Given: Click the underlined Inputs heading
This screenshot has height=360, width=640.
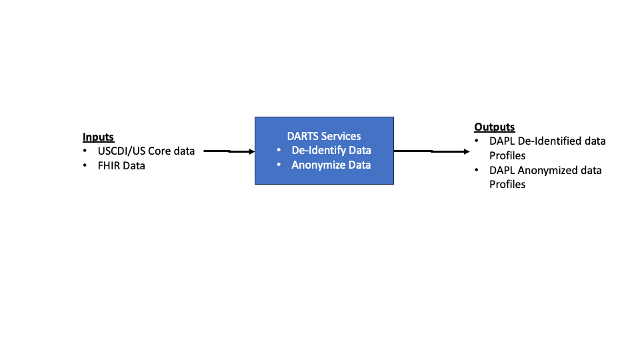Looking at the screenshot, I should [98, 137].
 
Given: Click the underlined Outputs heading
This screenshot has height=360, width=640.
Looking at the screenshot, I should [494, 127].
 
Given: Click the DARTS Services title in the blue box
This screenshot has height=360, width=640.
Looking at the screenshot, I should [324, 136].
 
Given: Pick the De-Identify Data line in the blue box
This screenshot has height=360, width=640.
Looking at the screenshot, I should [331, 151].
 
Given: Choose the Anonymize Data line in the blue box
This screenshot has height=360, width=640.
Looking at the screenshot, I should [331, 165].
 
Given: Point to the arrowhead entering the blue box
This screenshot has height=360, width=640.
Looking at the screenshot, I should [251, 151].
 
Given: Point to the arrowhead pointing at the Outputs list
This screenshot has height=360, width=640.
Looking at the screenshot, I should [466, 151].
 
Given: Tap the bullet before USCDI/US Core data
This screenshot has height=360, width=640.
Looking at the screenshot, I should [85, 151].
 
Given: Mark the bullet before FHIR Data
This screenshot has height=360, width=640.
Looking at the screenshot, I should [85, 165].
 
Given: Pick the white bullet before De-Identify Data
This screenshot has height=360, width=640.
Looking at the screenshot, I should [279, 151].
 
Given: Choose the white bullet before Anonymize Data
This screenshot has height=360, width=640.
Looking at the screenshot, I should [279, 165].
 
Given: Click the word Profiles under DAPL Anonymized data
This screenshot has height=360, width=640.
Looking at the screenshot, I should [507, 184].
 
